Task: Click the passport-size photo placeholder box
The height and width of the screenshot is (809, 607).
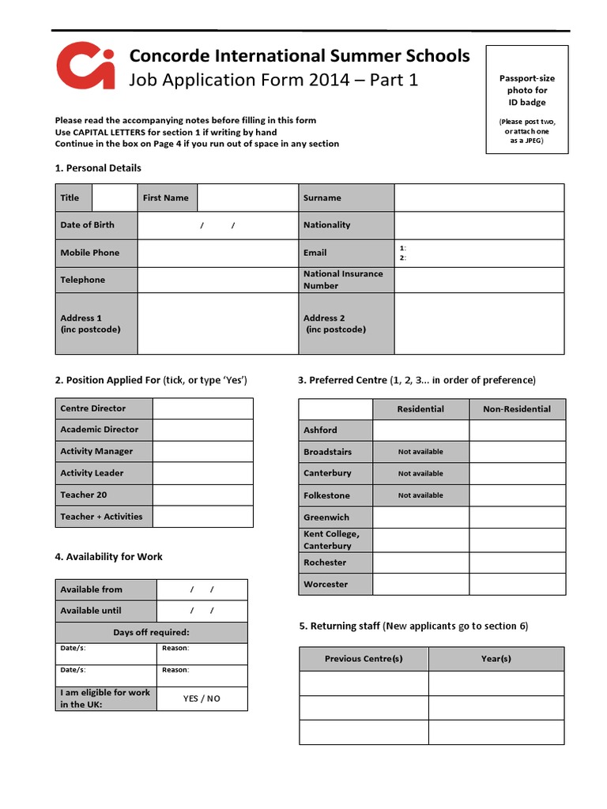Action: tap(526, 100)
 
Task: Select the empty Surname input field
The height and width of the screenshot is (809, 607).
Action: tap(479, 198)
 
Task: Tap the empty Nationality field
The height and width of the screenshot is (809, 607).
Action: tap(479, 225)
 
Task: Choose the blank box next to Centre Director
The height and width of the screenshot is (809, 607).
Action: tap(202, 408)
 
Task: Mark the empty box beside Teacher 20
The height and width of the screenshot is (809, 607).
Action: tap(202, 495)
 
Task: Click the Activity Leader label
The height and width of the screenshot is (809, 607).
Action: tap(92, 473)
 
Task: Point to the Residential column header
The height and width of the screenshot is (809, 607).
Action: tap(420, 409)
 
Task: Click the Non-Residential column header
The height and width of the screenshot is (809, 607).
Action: tap(517, 409)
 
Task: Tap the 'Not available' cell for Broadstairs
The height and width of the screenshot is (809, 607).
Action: tap(420, 452)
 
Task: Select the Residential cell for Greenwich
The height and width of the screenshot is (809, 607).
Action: tap(420, 517)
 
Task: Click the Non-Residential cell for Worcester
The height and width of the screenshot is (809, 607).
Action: tap(517, 585)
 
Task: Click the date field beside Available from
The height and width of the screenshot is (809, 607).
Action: tap(202, 589)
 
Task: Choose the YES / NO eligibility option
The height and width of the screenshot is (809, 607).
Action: tap(202, 698)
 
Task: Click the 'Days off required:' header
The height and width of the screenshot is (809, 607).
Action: tap(151, 633)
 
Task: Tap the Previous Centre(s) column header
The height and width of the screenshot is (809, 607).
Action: tap(364, 659)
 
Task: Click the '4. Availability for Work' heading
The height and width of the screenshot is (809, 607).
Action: tap(108, 557)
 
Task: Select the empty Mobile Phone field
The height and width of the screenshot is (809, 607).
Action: tap(218, 253)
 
